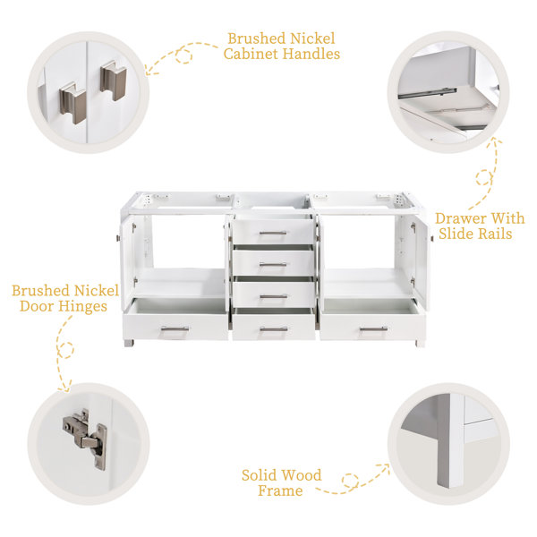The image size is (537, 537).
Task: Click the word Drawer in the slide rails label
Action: [460, 218]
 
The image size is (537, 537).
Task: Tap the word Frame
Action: [280, 490]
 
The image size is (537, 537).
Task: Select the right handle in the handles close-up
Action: [114, 81]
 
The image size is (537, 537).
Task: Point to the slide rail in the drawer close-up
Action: [428, 93]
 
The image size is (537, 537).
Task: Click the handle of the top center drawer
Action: [273, 234]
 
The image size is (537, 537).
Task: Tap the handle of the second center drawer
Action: [273, 264]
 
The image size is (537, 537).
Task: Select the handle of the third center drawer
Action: [273, 296]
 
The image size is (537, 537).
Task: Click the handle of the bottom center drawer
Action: [274, 329]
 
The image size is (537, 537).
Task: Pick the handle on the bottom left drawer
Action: [175, 329]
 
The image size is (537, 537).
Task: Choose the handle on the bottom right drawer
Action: [373, 329]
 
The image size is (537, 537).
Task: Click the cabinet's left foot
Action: [129, 343]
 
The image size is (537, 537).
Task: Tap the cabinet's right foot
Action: [420, 344]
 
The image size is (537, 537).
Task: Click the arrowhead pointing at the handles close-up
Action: [150, 71]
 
